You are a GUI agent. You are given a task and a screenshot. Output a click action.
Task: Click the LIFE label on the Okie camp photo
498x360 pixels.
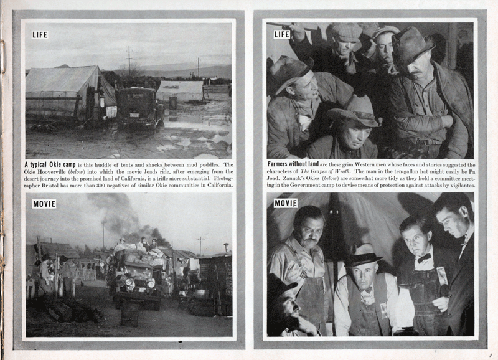[40, 35]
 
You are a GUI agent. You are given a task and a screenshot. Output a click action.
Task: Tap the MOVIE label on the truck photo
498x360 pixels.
[44, 204]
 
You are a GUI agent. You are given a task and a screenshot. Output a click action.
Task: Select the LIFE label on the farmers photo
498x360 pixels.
[282, 34]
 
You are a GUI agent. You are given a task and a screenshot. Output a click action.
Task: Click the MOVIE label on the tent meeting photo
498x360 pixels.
[286, 203]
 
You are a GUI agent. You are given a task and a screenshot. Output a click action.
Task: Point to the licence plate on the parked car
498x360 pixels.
[134, 115]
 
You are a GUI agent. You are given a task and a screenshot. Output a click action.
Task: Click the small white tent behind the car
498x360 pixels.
[180, 90]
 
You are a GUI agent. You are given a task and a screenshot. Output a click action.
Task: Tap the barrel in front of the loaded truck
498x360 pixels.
[129, 315]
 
